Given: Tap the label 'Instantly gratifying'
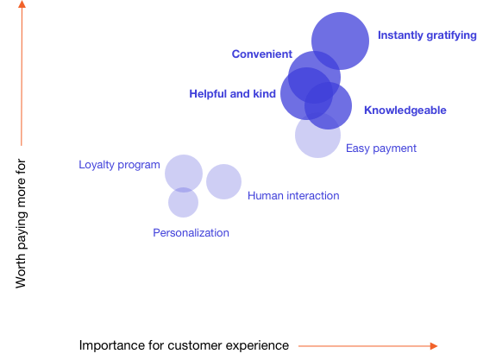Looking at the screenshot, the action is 427,35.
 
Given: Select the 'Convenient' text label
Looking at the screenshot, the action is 262,54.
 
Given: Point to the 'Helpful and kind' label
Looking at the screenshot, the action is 232,94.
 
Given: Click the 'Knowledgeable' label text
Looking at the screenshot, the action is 405,110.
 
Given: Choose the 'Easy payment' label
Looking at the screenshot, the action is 381,148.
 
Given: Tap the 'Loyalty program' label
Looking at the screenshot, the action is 119,165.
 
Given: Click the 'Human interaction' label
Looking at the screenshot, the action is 293,195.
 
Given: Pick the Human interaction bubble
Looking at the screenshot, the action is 224,182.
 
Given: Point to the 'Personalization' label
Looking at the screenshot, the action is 191,233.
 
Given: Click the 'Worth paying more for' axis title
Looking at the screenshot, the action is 21,224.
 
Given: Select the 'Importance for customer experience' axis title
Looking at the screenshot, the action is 184,345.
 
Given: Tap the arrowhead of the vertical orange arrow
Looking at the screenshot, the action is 22,3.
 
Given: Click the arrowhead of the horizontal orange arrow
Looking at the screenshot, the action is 434,346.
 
